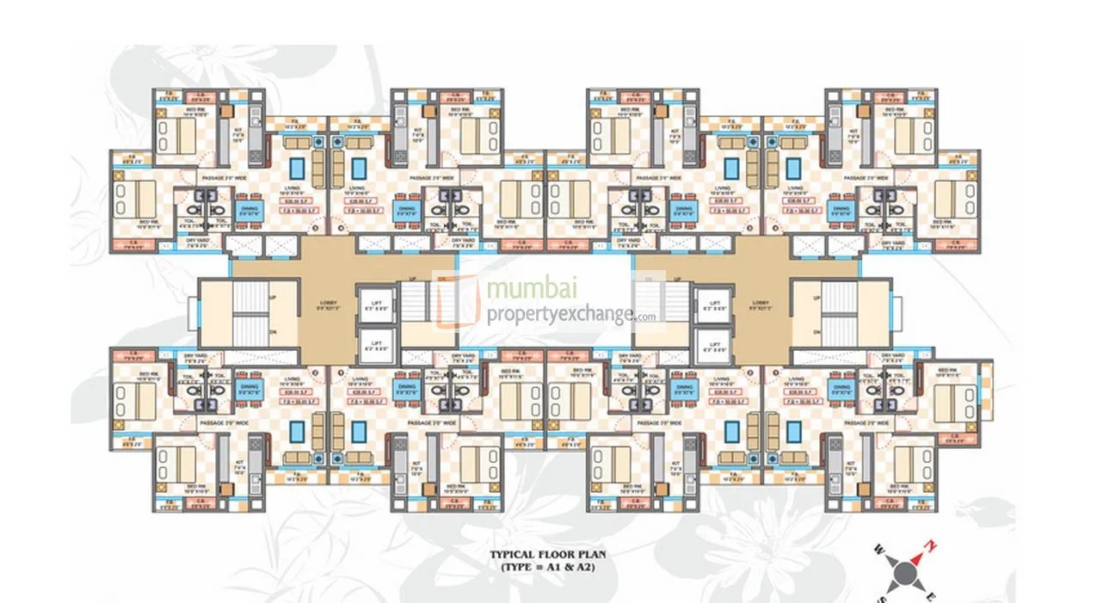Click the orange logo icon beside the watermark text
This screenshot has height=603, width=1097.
tap(456, 300)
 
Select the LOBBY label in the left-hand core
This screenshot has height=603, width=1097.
tap(324, 304)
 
